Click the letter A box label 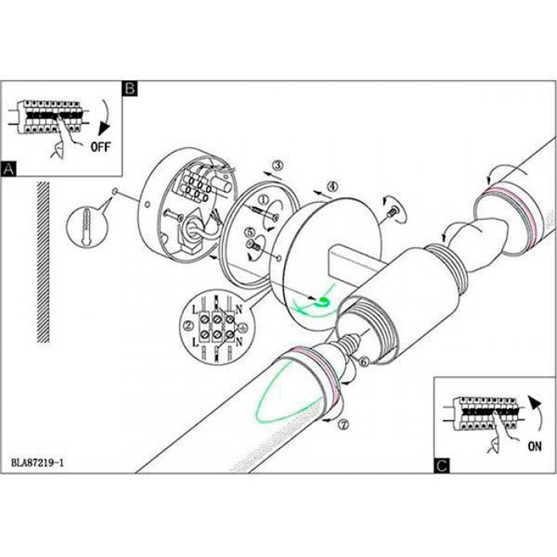(9, 169)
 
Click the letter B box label (130, 87)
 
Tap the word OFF (101, 146)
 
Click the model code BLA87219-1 (37, 461)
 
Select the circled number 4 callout (332, 186)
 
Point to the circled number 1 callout (263, 200)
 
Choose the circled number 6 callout (363, 361)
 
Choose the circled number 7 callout (344, 424)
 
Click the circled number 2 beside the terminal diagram (189, 325)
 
